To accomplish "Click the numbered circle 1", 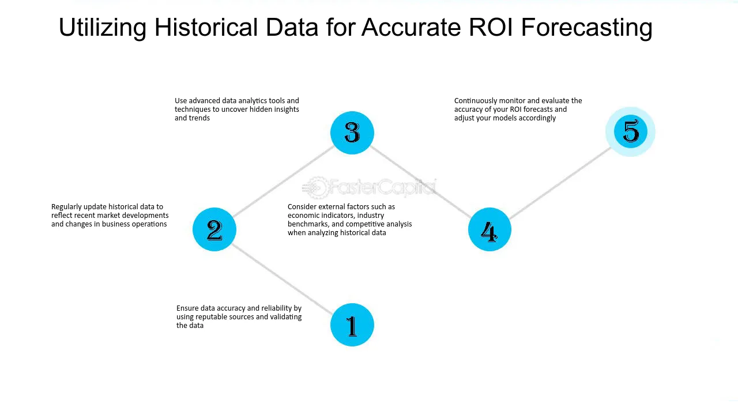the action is pos(352,325).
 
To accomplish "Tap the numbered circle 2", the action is pos(214,229).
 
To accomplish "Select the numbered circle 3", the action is pos(352,133).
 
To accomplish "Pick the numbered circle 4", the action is pos(490,229).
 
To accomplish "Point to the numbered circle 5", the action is pos(631,132).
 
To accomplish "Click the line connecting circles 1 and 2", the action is pos(283,280).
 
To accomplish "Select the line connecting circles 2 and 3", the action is pos(283,181).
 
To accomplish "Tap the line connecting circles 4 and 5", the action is pos(560,183).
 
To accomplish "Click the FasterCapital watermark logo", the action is pos(370,187).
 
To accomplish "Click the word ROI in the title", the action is pos(491,27).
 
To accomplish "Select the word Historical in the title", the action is pos(206,27).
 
